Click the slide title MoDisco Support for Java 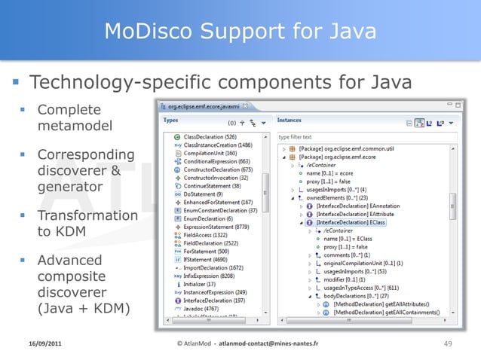click(x=240, y=31)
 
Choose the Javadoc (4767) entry click(x=200, y=308)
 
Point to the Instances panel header click(x=290, y=120)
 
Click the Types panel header click(x=170, y=120)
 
